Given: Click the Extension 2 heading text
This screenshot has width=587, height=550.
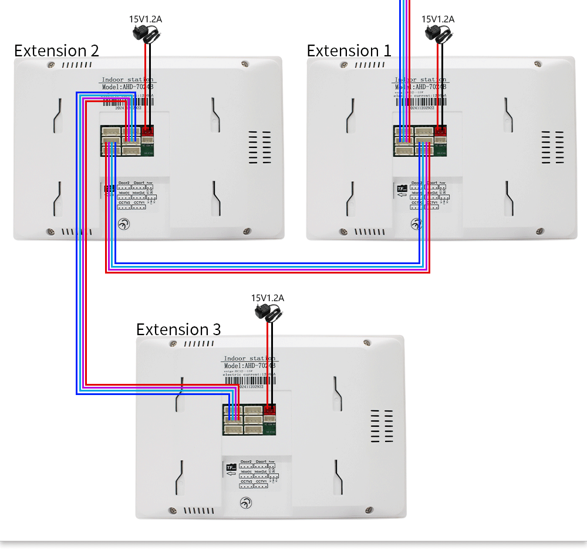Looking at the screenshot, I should pyautogui.click(x=56, y=50).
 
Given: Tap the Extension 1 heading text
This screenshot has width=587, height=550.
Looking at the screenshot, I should pyautogui.click(x=349, y=50).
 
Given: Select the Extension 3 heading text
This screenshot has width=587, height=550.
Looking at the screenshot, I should pyautogui.click(x=178, y=329).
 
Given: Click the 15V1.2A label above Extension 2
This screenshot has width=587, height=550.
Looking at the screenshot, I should pyautogui.click(x=146, y=19).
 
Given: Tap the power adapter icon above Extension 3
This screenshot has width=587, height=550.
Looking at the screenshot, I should pyautogui.click(x=268, y=312).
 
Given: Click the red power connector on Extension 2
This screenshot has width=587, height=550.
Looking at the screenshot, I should pyautogui.click(x=147, y=131).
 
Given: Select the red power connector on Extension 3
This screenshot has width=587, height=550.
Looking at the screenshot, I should pyautogui.click(x=270, y=409).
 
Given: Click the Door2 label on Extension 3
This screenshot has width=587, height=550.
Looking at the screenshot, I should pyautogui.click(x=246, y=461).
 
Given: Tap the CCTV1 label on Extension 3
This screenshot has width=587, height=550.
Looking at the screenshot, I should pyautogui.click(x=261, y=481).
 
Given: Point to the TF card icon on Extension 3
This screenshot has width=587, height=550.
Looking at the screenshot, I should pyautogui.click(x=231, y=467).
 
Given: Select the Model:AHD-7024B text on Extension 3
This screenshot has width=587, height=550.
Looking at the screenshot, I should pyautogui.click(x=249, y=366).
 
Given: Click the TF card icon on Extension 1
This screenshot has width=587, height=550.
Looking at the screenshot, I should pyautogui.click(x=402, y=189).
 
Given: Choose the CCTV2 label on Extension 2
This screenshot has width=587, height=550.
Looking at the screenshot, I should pyautogui.click(x=123, y=203).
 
